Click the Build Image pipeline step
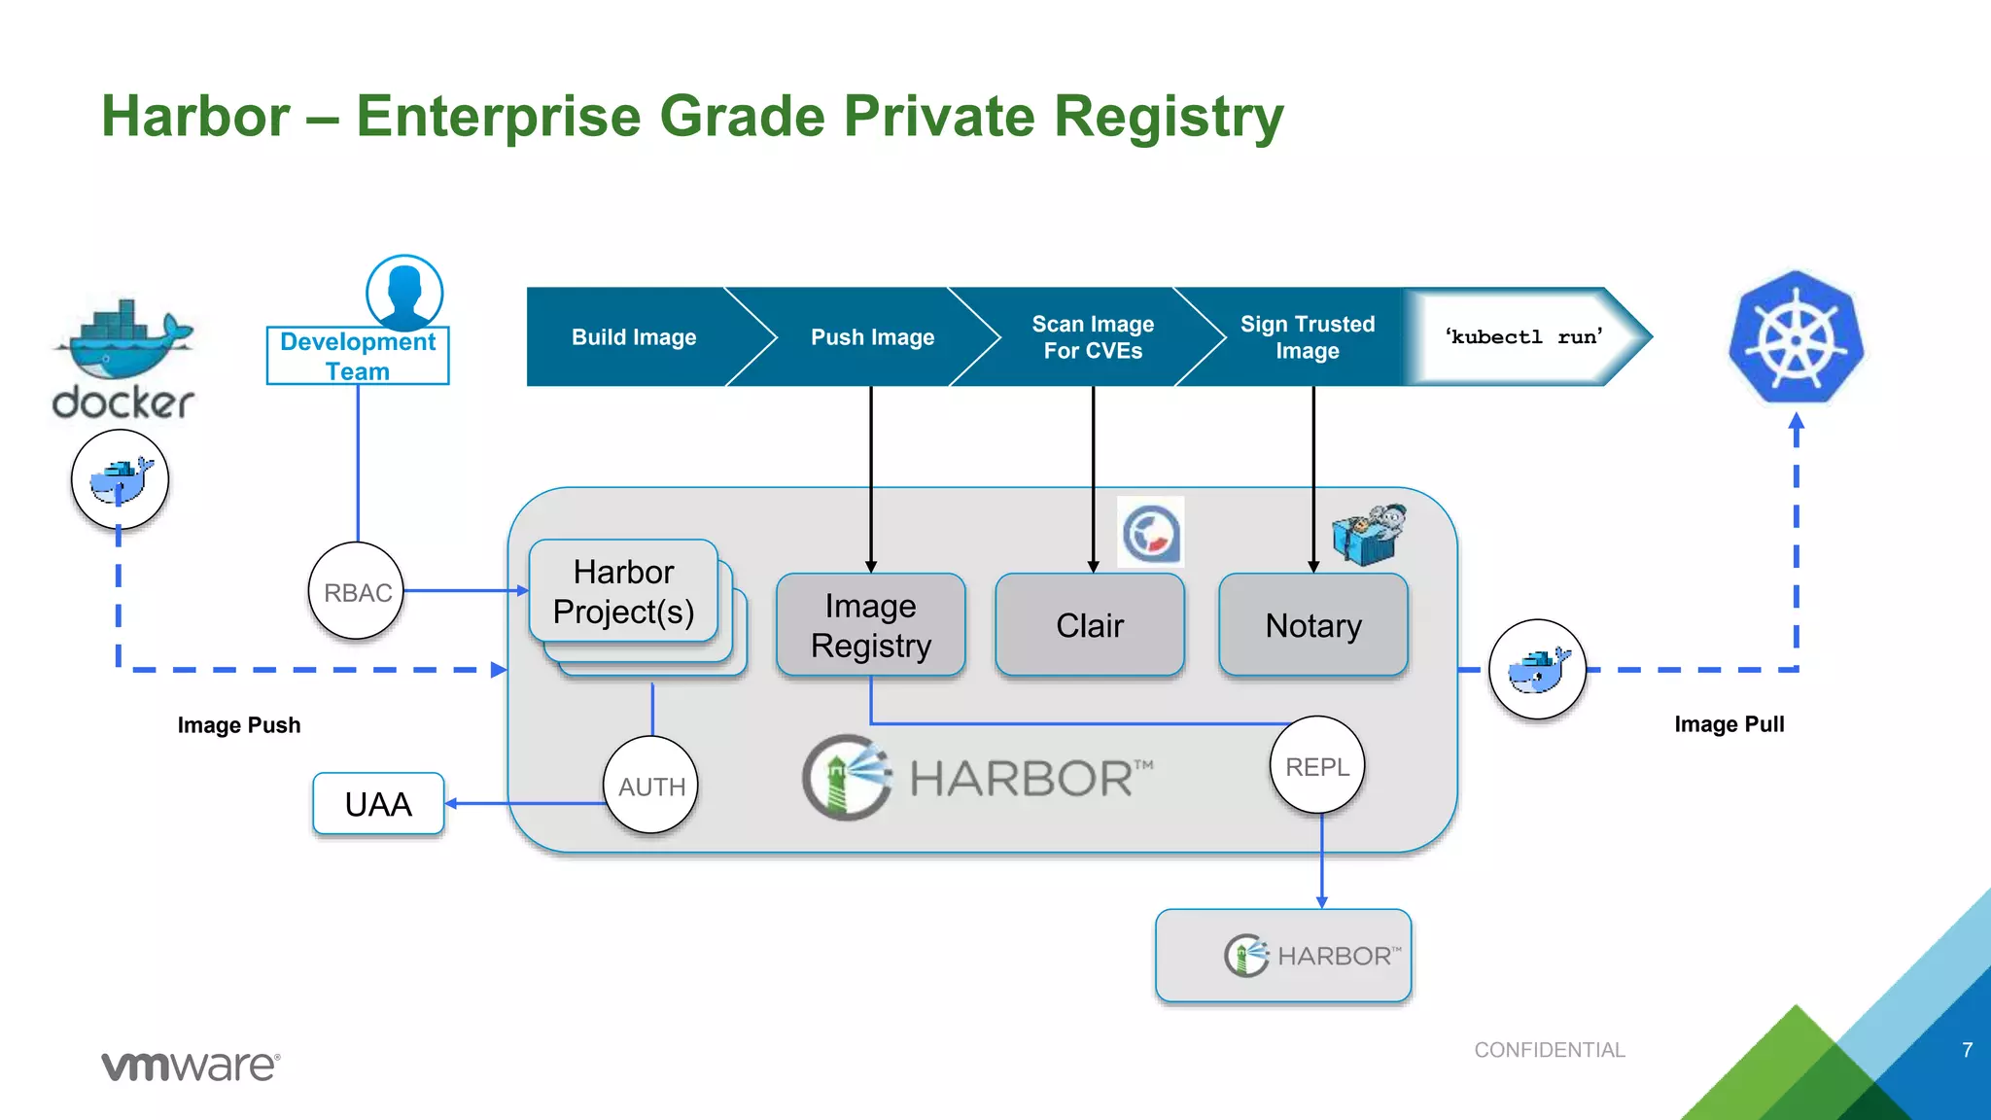coord(634,337)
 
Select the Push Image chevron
coord(872,337)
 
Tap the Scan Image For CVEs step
coord(1093,337)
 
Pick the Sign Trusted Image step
coord(1308,337)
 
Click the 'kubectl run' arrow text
coord(1523,337)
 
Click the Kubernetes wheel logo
coord(1796,337)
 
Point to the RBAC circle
coord(357,592)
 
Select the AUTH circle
coord(651,786)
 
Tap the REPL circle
coord(1317,766)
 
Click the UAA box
coord(378,804)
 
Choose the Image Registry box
coord(871,625)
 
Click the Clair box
coord(1090,625)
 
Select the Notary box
coord(1313,625)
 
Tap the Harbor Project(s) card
coord(623,592)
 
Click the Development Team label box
coord(358,357)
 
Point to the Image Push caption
coord(239,725)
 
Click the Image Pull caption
coord(1729,724)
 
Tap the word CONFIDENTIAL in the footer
coord(1549,1050)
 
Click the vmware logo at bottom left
coord(191,1066)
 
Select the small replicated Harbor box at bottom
coord(1283,956)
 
